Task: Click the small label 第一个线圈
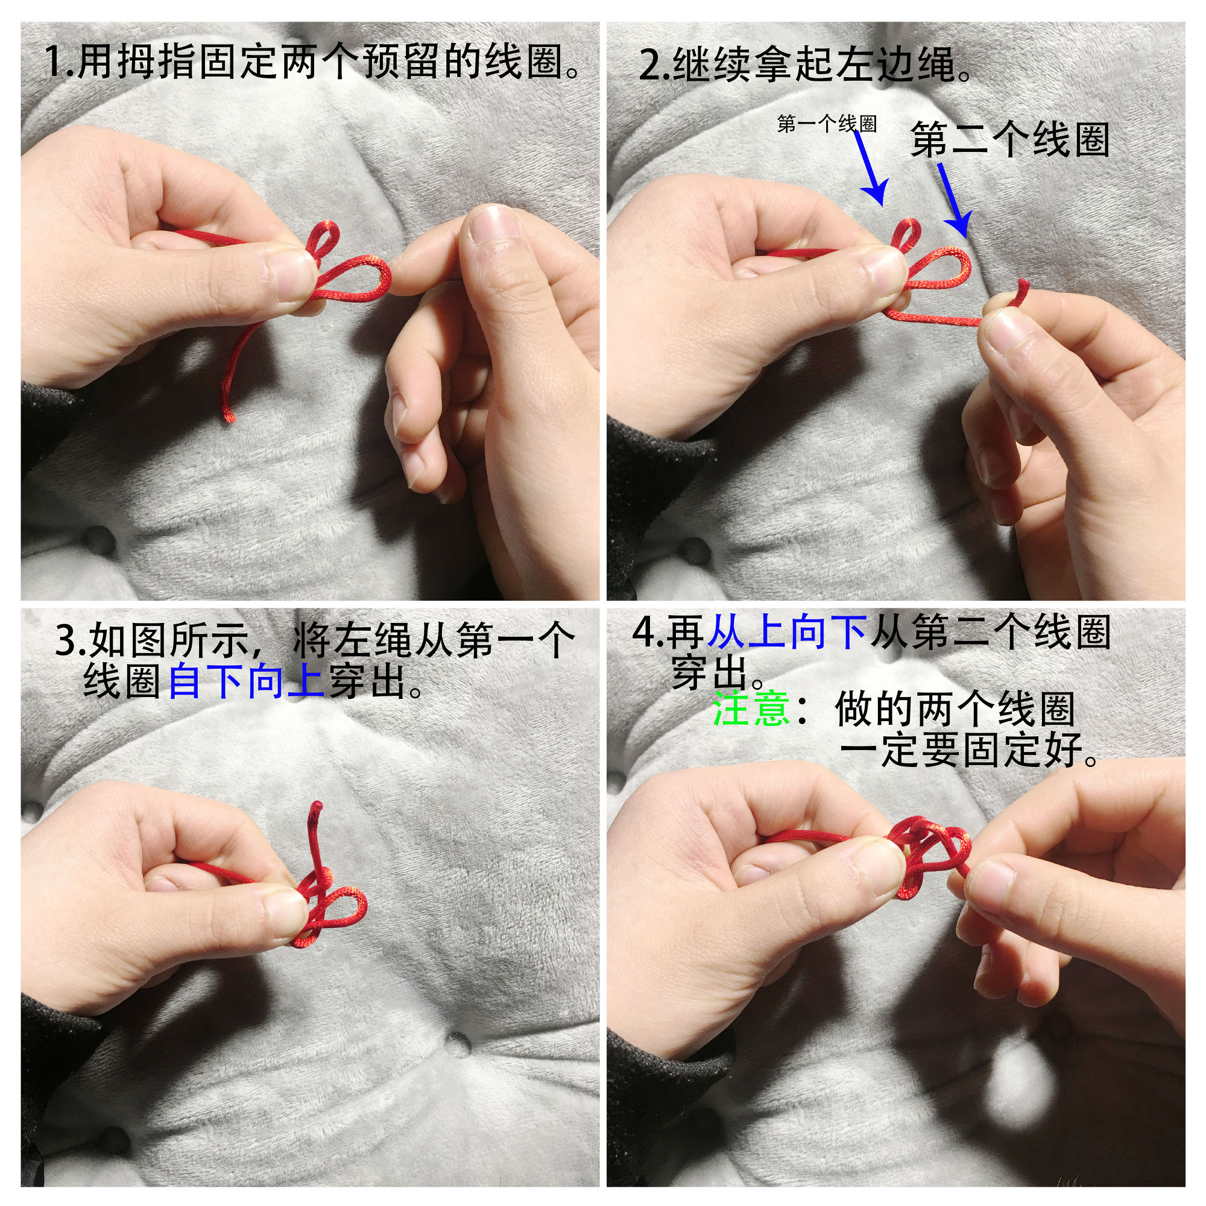(827, 124)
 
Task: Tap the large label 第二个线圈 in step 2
(1009, 139)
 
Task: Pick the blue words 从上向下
(788, 632)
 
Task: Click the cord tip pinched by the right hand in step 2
(1023, 288)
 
